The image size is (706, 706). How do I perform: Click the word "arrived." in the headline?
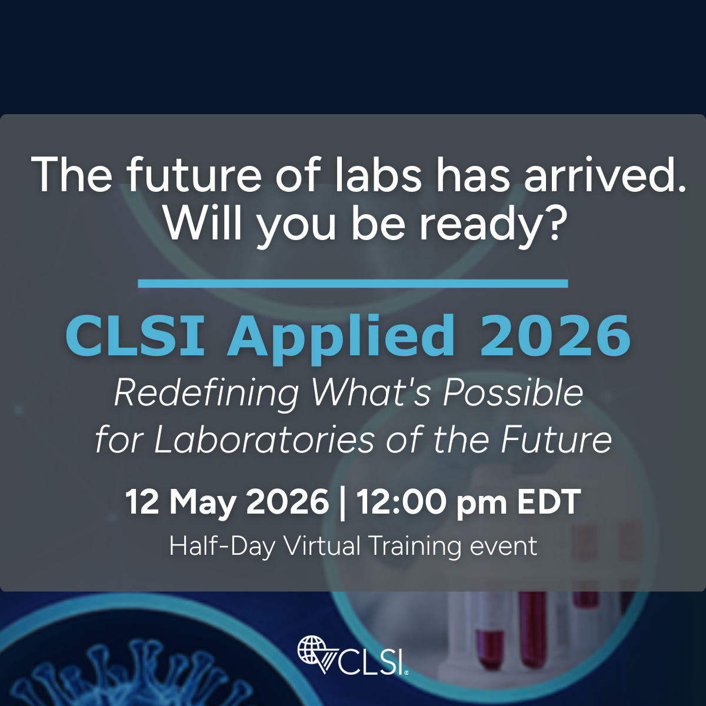[604, 174]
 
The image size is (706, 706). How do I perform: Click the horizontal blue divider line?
[353, 283]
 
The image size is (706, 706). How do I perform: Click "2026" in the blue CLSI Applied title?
[555, 335]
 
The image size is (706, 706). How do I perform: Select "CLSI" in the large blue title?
[135, 335]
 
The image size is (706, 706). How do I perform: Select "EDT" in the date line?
[549, 502]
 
